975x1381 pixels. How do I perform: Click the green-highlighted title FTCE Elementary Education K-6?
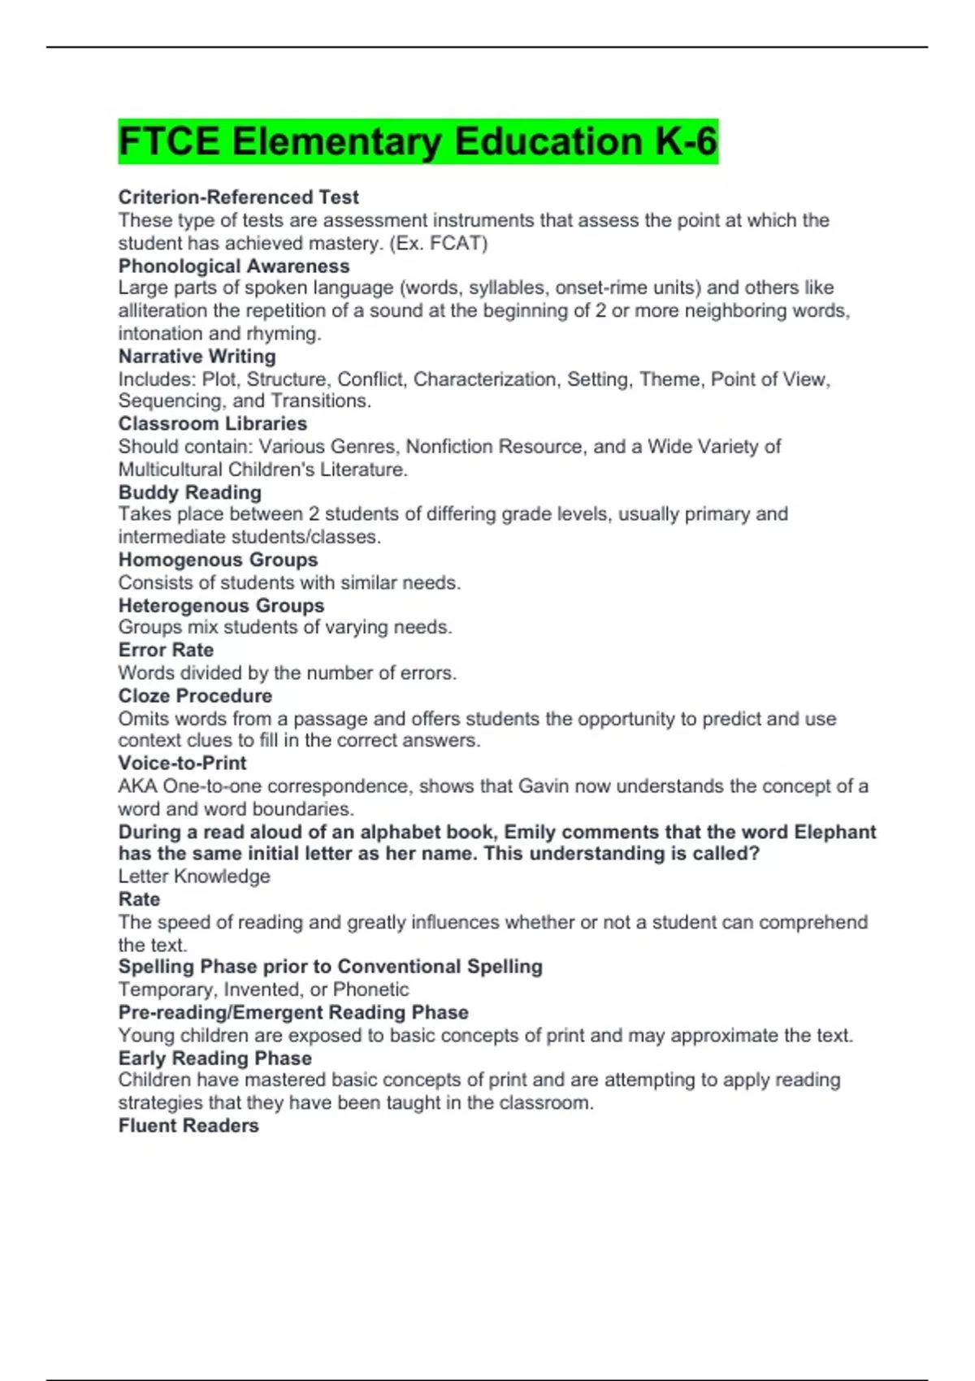click(418, 141)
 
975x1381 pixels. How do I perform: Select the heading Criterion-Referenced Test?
click(238, 197)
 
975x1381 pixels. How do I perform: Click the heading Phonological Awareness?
click(234, 266)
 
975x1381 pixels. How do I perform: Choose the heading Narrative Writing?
click(197, 356)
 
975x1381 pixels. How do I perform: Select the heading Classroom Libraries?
click(212, 423)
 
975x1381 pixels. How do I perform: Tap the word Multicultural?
click(170, 469)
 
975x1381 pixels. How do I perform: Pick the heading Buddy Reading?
click(189, 492)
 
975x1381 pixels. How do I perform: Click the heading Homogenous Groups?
click(218, 560)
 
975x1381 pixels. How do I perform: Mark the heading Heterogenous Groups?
click(221, 605)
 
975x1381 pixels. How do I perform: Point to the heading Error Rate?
click(166, 650)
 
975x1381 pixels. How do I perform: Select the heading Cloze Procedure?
click(195, 695)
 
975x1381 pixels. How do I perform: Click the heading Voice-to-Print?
click(182, 763)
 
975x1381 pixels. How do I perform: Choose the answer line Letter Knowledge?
click(194, 876)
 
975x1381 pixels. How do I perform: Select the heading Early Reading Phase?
click(214, 1058)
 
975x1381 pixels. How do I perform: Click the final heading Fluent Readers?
click(188, 1125)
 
